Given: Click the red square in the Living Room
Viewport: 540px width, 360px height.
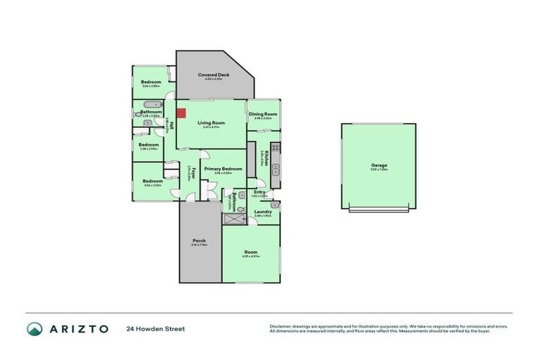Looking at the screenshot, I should tap(181, 112).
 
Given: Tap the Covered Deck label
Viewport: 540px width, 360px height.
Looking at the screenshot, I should tap(213, 75).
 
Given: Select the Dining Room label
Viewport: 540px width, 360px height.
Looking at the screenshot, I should tap(263, 114).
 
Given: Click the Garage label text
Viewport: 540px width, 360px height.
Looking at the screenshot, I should tap(379, 166).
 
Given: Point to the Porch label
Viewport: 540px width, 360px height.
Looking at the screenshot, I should tap(198, 240).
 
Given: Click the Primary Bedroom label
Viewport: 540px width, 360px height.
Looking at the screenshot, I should tap(223, 169).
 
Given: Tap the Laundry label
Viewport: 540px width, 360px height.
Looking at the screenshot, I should tap(264, 212).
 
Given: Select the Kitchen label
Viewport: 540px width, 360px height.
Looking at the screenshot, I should tap(264, 158).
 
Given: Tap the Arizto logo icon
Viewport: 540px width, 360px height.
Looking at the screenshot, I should tap(34, 328).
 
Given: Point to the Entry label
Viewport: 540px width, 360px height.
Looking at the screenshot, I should tap(259, 192).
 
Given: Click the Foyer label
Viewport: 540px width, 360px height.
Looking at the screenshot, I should tap(189, 171).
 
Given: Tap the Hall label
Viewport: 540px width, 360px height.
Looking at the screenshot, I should tap(172, 127).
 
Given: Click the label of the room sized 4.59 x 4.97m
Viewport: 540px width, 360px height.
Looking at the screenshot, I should tap(251, 252).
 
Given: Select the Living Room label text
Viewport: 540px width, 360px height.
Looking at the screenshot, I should tap(211, 122).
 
